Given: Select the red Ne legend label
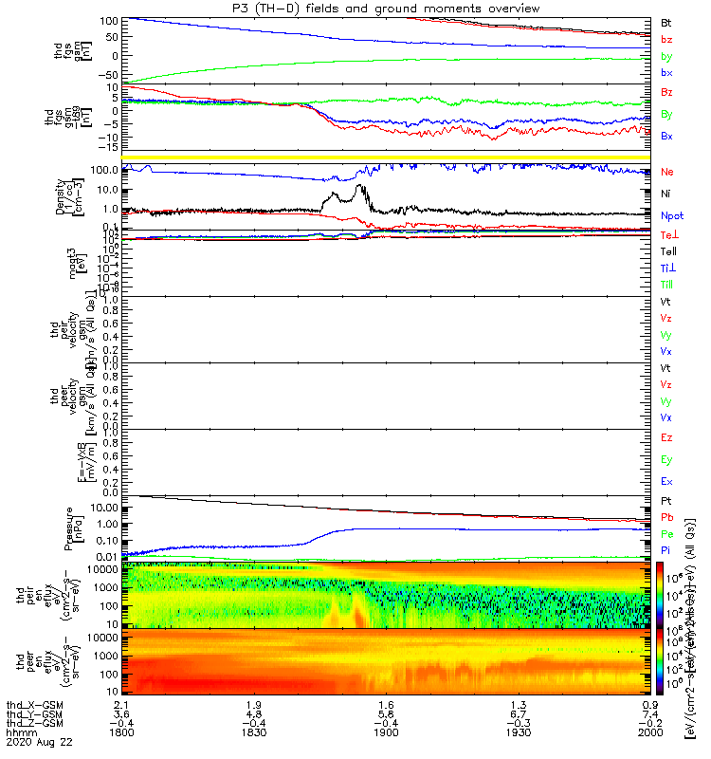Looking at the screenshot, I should [x=667, y=172].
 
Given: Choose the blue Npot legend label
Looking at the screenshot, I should [x=670, y=215].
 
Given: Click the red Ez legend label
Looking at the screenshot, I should [x=666, y=437].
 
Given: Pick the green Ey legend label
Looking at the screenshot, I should [x=666, y=459].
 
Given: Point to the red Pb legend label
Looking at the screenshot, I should [x=667, y=518].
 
